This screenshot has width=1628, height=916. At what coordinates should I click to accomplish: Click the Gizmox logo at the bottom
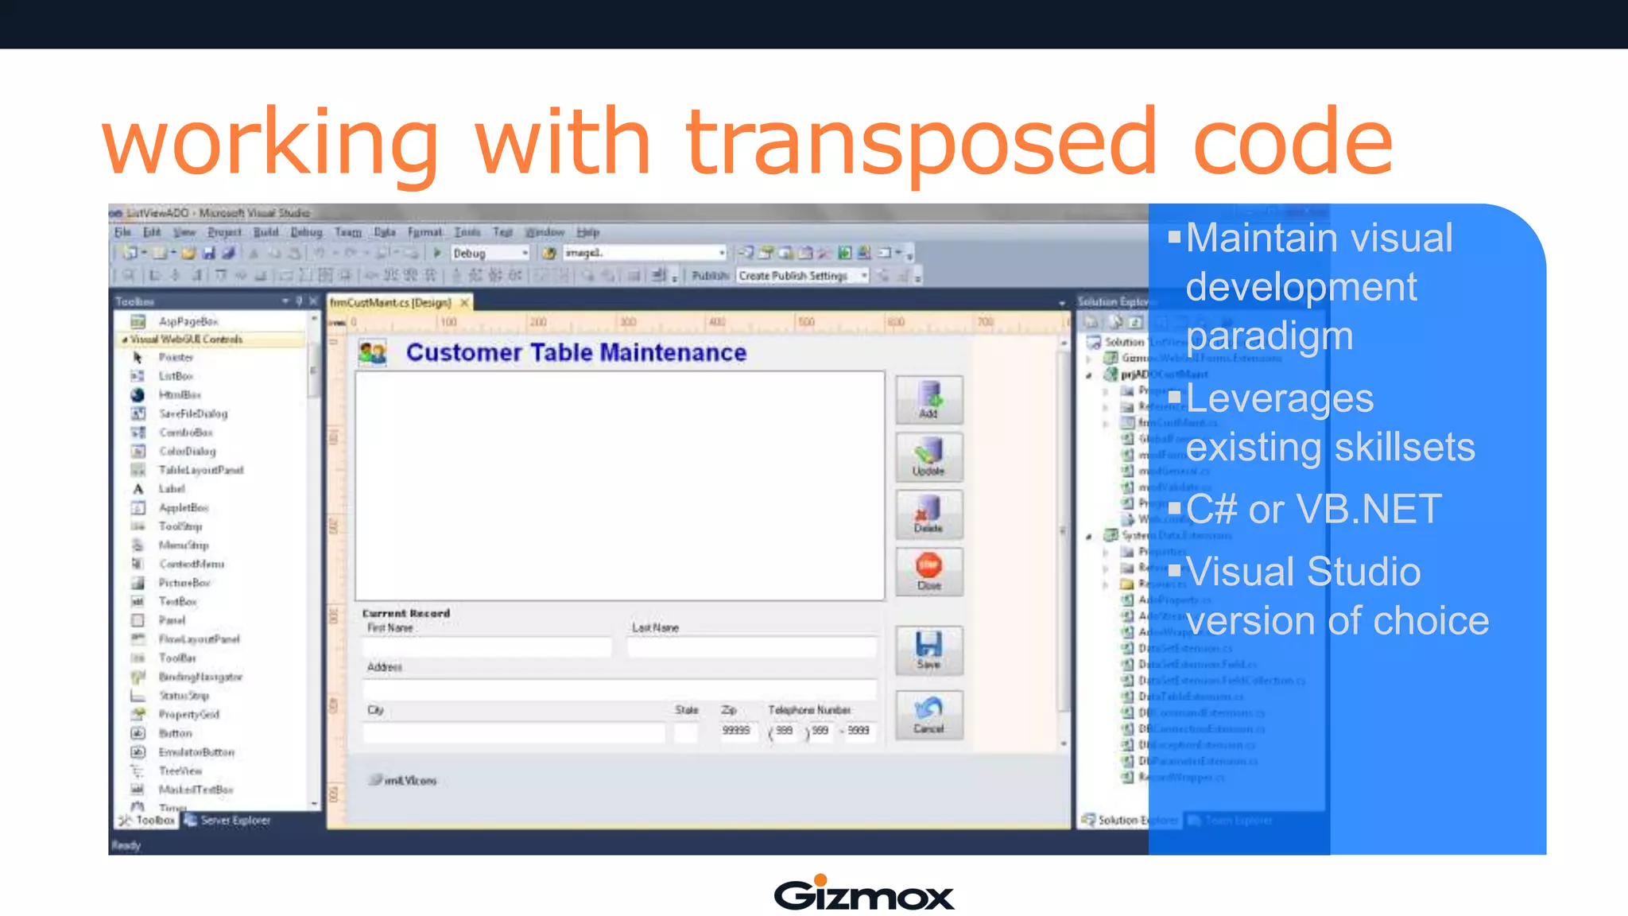pos(863,894)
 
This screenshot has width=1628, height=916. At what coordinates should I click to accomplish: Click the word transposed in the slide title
pos(921,143)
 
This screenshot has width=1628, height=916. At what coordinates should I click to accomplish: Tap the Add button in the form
pos(928,399)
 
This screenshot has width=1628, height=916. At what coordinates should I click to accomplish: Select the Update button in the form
pos(928,457)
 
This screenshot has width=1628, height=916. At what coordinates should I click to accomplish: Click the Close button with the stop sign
pos(928,572)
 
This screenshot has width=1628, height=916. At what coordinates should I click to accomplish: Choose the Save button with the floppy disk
pos(928,650)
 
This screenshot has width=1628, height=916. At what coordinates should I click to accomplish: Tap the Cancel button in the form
pos(928,715)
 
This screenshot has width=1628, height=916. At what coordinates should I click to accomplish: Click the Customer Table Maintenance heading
pos(576,352)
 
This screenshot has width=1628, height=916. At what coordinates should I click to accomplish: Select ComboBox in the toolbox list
pos(186,433)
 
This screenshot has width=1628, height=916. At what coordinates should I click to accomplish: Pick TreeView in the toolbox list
pos(180,770)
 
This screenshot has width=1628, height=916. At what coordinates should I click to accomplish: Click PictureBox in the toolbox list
pos(184,583)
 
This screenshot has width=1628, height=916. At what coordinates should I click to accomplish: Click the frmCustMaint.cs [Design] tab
pos(391,303)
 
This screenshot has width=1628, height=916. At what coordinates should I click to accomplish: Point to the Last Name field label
pos(655,627)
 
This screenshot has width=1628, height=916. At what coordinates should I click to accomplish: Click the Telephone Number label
pos(809,709)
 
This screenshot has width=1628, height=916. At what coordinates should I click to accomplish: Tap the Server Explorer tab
pos(235,820)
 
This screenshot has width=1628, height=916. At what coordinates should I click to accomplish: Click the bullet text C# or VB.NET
pos(1313,509)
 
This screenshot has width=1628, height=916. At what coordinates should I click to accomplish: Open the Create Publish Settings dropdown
pos(802,276)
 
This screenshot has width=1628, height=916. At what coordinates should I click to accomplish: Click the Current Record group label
pos(406,613)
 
